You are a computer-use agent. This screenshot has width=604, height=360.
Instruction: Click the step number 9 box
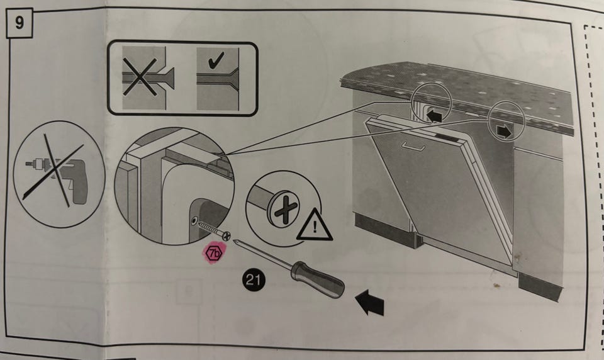pyautogui.click(x=20, y=23)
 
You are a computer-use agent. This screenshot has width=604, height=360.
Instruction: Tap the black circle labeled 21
pyautogui.click(x=254, y=279)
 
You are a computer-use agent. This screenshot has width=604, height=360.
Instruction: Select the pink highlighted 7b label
pyautogui.click(x=214, y=253)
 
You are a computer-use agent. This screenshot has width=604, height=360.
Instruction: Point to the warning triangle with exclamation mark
pyautogui.click(x=315, y=225)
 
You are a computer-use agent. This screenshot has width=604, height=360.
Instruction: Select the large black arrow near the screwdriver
pyautogui.click(x=370, y=303)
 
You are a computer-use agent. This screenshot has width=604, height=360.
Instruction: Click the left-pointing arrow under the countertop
pyautogui.click(x=433, y=115)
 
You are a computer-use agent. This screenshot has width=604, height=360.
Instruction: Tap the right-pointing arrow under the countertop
pyautogui.click(x=504, y=132)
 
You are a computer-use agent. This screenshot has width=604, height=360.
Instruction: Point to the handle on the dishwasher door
pyautogui.click(x=413, y=147)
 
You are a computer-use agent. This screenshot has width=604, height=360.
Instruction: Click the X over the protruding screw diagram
pyautogui.click(x=140, y=77)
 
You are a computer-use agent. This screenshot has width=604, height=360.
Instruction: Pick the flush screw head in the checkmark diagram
pyautogui.click(x=233, y=79)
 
